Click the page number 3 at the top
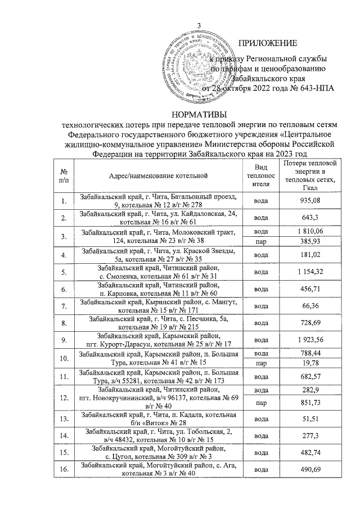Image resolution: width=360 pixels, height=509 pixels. tap(198, 23)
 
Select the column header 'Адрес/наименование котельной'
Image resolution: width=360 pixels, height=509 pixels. tap(159, 176)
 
